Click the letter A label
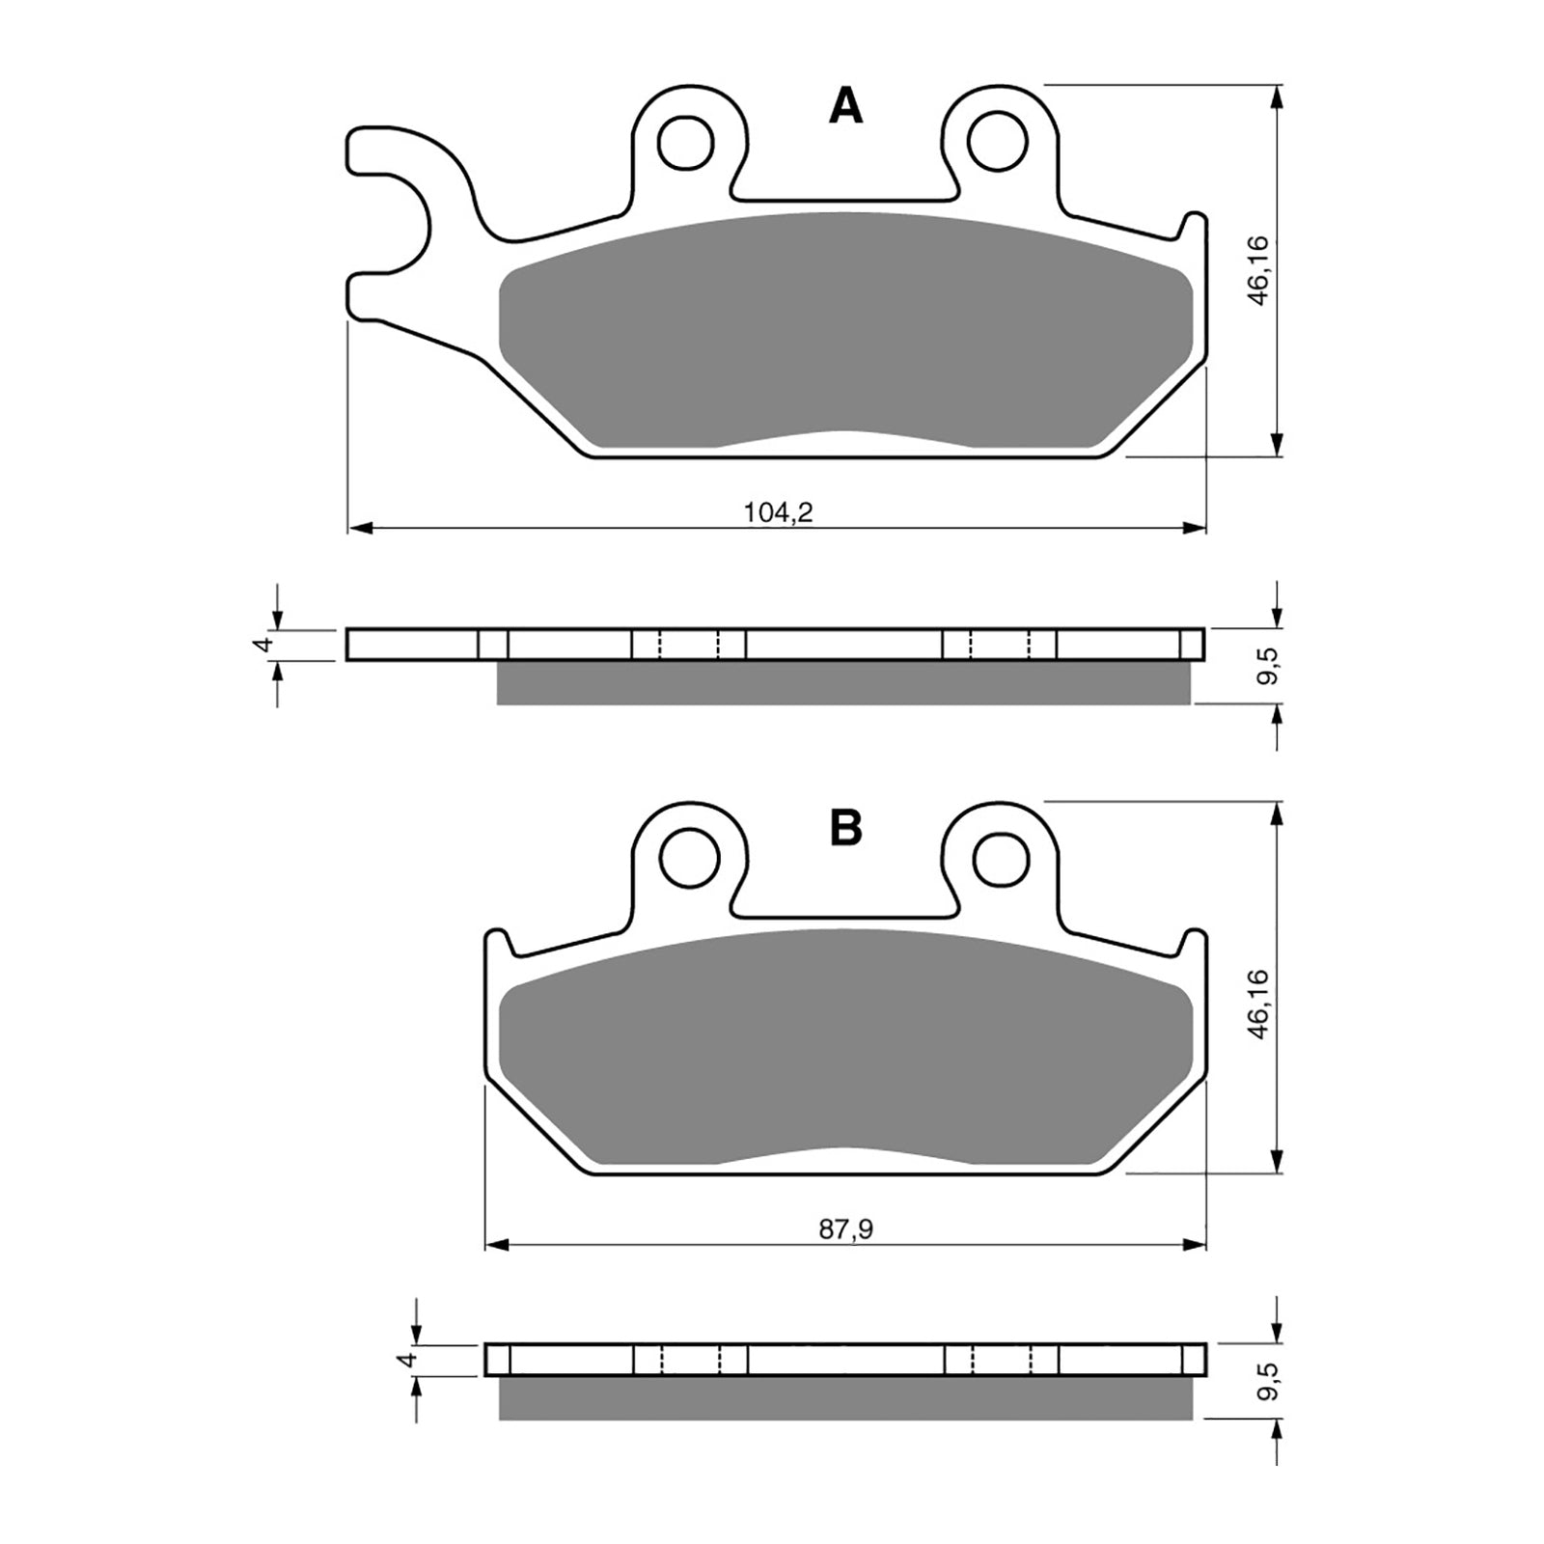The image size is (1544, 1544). coord(845,108)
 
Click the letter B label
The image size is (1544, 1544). coord(845,828)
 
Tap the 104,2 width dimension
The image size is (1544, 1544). coord(778,513)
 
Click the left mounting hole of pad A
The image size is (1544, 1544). coord(686,143)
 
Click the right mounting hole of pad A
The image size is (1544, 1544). coord(998,142)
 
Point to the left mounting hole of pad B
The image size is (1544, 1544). coord(690,857)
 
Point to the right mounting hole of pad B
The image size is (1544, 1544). coord(1002,857)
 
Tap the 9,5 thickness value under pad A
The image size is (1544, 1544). coord(1268,666)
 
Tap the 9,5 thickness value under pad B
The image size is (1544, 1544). coord(1268,1382)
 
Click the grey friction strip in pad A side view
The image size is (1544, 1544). coord(844,683)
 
